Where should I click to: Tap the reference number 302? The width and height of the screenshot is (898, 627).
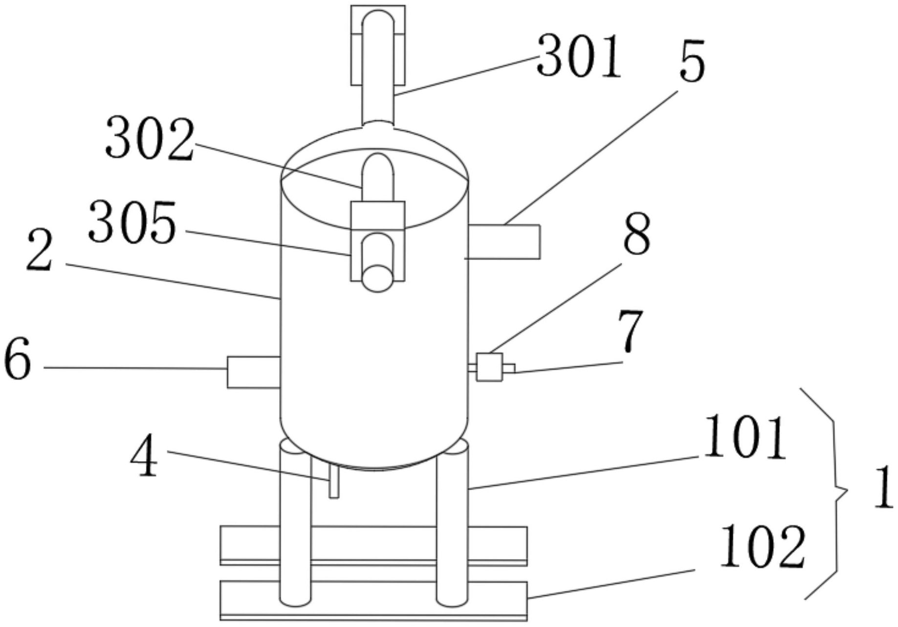pyautogui.click(x=150, y=138)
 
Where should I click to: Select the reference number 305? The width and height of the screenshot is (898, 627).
pyautogui.click(x=132, y=222)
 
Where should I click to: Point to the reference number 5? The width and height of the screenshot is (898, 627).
pyautogui.click(x=692, y=60)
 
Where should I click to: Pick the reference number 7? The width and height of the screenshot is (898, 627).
pyautogui.click(x=629, y=331)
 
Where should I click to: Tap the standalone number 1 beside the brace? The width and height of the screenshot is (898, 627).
pyautogui.click(x=883, y=488)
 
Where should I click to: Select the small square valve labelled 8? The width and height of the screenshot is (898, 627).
pyautogui.click(x=489, y=367)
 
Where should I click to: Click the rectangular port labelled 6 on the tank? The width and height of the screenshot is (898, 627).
pyautogui.click(x=253, y=372)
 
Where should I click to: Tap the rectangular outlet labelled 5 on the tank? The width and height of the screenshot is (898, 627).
pyautogui.click(x=504, y=241)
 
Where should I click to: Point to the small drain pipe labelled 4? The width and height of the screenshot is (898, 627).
pyautogui.click(x=334, y=481)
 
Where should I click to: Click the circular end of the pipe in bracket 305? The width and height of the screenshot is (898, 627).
pyautogui.click(x=377, y=279)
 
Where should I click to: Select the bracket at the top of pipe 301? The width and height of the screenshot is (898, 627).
pyautogui.click(x=378, y=44)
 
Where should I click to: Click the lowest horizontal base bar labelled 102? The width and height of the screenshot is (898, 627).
pyautogui.click(x=374, y=601)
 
